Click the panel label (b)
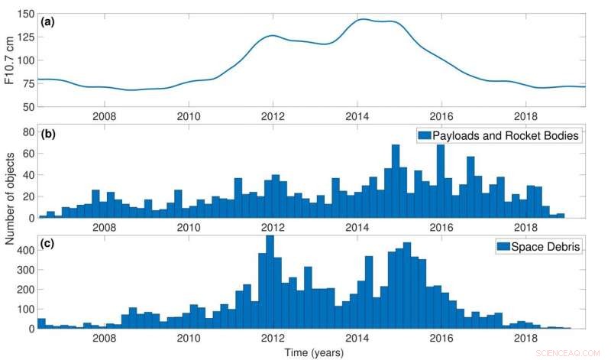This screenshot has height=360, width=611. coord(48,138)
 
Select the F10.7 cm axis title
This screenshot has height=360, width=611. coord(9,61)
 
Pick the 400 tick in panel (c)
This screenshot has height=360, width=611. coord(24,249)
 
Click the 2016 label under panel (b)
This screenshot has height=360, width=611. coord(441,228)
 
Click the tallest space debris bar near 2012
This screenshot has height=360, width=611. coord(269,283)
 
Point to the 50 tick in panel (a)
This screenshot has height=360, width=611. coord(28,106)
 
